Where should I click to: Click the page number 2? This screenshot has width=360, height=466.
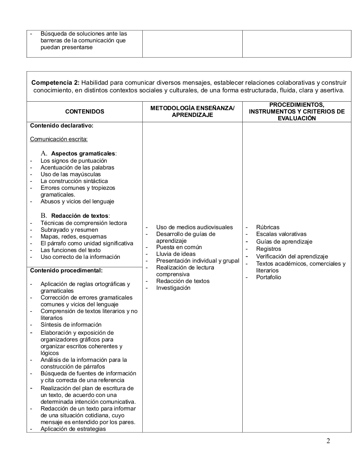click(x=328, y=441)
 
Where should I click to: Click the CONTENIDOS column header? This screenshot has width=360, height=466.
click(x=85, y=112)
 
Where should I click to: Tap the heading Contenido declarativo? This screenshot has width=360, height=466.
click(x=62, y=126)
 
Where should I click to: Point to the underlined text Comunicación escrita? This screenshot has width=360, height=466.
click(x=59, y=139)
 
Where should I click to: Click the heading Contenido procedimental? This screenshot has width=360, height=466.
click(x=66, y=270)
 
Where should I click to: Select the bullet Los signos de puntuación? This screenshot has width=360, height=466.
click(x=74, y=161)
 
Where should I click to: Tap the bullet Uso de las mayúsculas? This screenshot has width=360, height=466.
click(x=71, y=175)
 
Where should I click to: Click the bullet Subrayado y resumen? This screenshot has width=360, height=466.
click(x=69, y=230)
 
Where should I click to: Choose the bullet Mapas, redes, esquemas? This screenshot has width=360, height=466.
click(x=74, y=237)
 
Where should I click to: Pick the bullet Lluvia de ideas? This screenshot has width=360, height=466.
click(x=176, y=254)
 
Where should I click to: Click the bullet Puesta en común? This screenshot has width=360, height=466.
click(x=179, y=247)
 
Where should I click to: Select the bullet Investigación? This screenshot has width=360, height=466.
click(x=173, y=288)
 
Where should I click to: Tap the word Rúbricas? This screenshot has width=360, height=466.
click(x=268, y=227)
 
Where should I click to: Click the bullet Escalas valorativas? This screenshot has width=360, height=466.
click(x=281, y=234)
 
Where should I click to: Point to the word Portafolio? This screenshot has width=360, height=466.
click(x=269, y=277)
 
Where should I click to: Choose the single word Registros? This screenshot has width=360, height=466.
click(x=269, y=249)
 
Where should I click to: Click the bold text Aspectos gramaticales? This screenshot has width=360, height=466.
click(x=83, y=153)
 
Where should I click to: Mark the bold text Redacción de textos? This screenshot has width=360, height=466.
click(x=80, y=216)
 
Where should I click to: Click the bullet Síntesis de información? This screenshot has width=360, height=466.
click(x=71, y=325)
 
